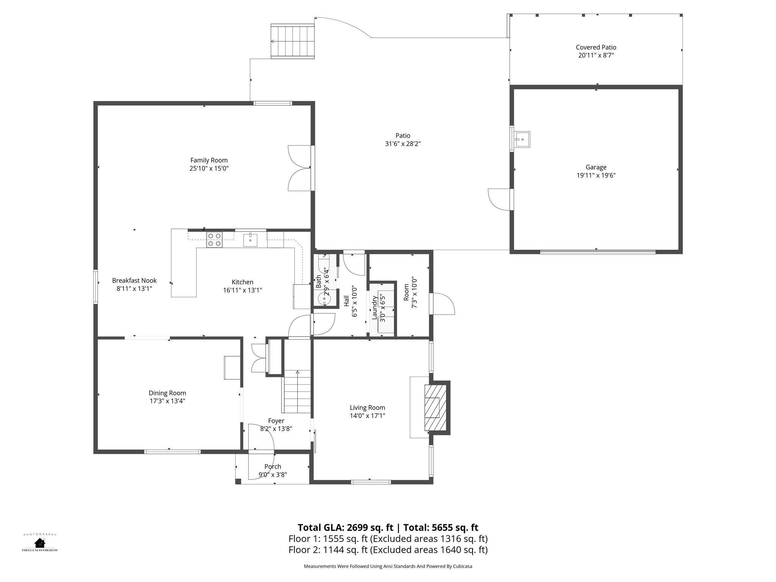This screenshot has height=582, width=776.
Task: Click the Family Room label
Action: click(209, 160)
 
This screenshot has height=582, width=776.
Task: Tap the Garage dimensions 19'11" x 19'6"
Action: click(596, 175)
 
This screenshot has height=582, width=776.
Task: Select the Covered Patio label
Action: click(596, 47)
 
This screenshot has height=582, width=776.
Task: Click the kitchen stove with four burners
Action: click(214, 240)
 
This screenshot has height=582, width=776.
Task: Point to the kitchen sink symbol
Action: click(250, 240)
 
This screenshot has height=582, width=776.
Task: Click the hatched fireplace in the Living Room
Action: click(435, 407)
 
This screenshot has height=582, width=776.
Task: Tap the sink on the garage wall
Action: click(522, 139)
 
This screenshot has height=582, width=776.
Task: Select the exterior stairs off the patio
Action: click(293, 41)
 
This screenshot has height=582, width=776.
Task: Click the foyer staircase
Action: click(297, 391)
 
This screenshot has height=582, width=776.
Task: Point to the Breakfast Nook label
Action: click(134, 281)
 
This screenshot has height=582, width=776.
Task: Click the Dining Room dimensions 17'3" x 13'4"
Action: click(167, 401)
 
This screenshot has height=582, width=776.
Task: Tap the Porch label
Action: click(273, 467)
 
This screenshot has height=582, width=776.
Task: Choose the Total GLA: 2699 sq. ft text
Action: click(345, 527)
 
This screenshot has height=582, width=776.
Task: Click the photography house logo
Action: click(40, 543)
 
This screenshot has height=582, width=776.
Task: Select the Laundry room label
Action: click(375, 308)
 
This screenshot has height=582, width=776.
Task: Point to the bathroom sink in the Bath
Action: click(324, 299)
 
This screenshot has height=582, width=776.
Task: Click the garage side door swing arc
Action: click(499, 199)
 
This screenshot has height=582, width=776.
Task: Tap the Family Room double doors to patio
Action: click(300, 168)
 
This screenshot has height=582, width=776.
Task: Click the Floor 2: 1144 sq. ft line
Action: click(388, 550)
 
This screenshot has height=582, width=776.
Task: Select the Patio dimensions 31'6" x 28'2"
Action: click(403, 144)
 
